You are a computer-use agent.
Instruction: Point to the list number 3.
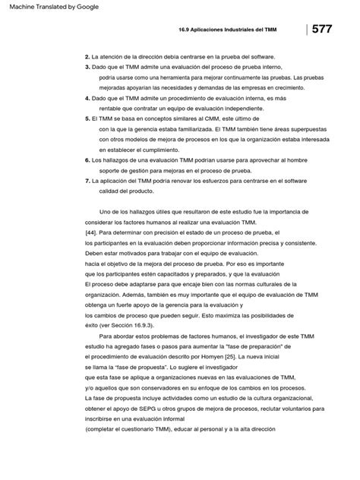click(87, 68)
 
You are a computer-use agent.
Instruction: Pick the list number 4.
click(87, 99)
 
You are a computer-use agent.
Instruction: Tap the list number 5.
click(87, 119)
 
